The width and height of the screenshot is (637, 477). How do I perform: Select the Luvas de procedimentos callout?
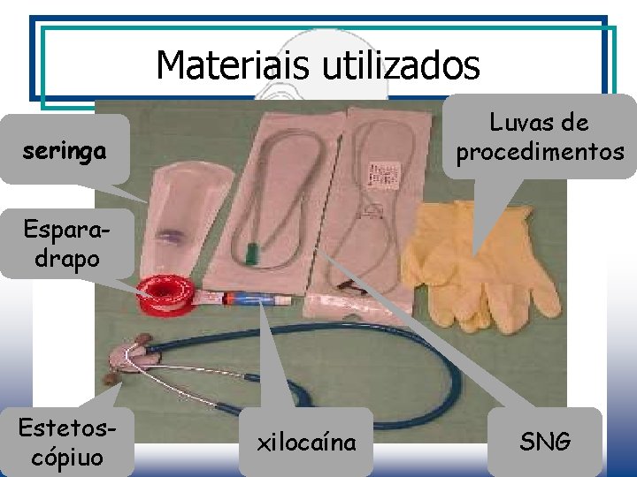(540, 137)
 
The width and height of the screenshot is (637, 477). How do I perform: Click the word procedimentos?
(540, 152)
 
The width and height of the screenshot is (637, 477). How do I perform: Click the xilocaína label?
(306, 442)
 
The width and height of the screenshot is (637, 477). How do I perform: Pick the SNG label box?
(545, 442)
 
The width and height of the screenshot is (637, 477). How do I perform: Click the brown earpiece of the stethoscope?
(110, 378)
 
